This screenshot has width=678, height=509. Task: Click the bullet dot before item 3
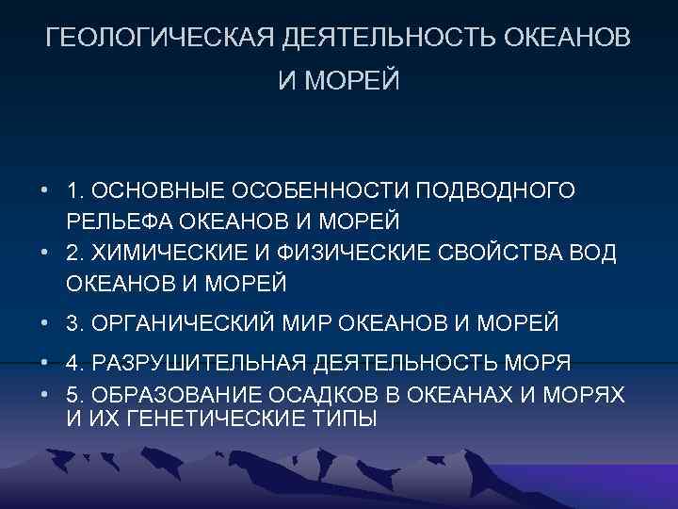tap(44, 324)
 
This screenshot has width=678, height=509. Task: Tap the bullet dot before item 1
tap(44, 192)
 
